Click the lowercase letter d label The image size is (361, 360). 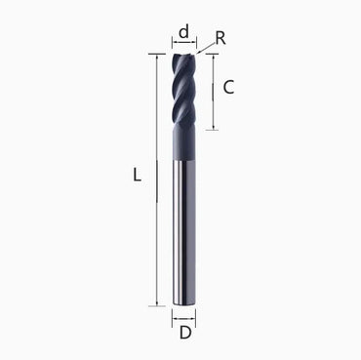coord(183,31)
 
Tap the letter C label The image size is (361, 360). coord(228,86)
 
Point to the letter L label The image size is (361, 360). coord(138,176)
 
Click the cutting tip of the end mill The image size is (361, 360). coord(183,56)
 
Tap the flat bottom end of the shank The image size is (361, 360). coord(183,304)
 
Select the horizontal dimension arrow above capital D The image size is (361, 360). coord(183,318)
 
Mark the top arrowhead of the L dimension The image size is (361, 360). coord(156,58)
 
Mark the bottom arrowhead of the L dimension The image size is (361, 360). coord(156,302)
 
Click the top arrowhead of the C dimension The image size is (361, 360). coord(214,58)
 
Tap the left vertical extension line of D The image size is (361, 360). coord(172,316)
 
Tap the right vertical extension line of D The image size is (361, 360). coord(195,316)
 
